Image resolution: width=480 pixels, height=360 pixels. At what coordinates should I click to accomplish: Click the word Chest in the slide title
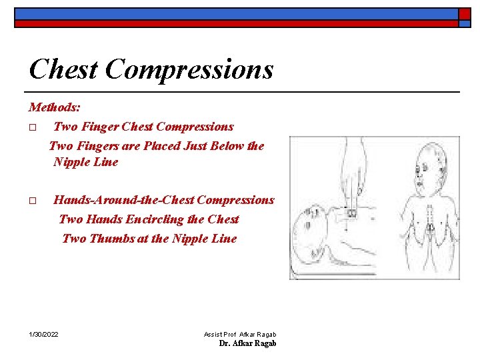pos(63,69)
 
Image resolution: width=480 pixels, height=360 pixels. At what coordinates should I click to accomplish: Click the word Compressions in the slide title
pos(189,70)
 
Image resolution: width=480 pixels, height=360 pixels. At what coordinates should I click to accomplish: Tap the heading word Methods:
pos(55,107)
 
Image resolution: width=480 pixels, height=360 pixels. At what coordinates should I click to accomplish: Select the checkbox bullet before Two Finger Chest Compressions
pos(33,127)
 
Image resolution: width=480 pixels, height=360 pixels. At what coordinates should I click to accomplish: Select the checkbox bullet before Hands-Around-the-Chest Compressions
pos(33,201)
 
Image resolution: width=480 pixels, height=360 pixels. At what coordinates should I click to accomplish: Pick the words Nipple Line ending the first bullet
pos(85,162)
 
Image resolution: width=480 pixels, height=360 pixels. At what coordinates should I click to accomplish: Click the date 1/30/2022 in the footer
pos(43,333)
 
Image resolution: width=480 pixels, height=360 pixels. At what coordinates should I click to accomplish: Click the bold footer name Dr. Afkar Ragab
pos(247,343)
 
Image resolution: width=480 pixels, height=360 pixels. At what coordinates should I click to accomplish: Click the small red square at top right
pos(464,13)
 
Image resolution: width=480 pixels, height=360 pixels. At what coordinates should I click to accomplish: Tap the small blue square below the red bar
pos(464,24)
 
